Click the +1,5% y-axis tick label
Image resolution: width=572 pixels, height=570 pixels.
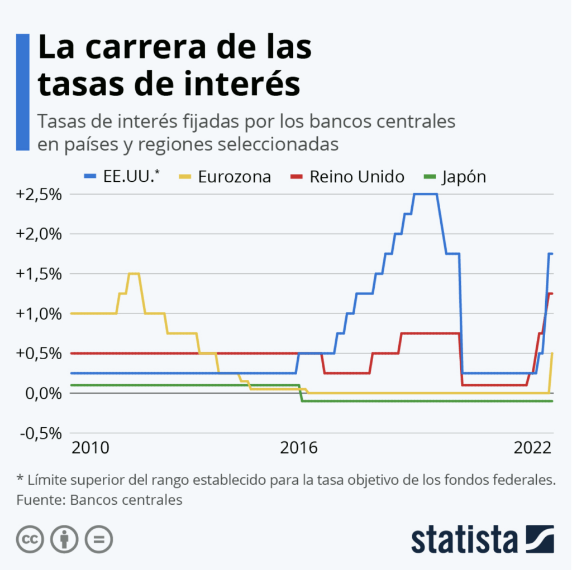[40, 274]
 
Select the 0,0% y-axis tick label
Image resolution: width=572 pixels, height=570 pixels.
[42, 393]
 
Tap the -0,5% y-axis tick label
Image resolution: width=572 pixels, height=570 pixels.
[40, 433]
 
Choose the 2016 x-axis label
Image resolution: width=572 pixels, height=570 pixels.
[298, 448]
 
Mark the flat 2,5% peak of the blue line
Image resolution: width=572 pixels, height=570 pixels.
[425, 194]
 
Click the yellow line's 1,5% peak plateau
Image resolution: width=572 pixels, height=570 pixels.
[134, 273]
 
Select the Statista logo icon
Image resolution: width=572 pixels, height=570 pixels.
[539, 539]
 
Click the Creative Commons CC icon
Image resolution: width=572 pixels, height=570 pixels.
[30, 539]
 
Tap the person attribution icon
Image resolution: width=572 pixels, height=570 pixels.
[64, 539]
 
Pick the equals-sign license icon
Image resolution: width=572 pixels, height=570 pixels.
[98, 539]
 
